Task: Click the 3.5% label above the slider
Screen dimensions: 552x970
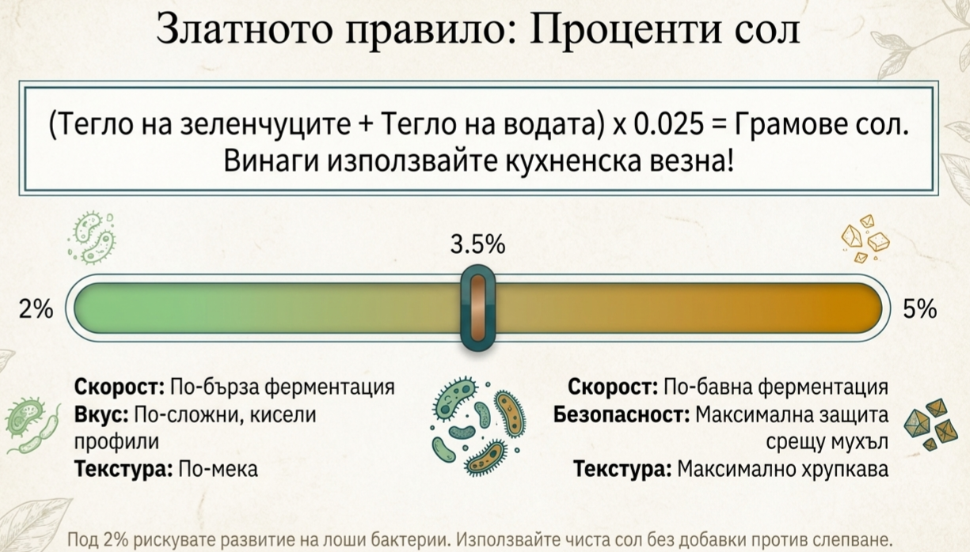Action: point(477,245)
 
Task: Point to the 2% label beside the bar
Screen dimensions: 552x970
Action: point(36,310)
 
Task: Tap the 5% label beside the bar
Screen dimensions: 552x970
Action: point(919,310)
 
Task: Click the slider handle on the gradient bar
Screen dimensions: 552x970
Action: point(477,309)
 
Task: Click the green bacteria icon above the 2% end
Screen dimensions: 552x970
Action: point(92,238)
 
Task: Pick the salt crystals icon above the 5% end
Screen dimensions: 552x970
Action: point(865,237)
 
